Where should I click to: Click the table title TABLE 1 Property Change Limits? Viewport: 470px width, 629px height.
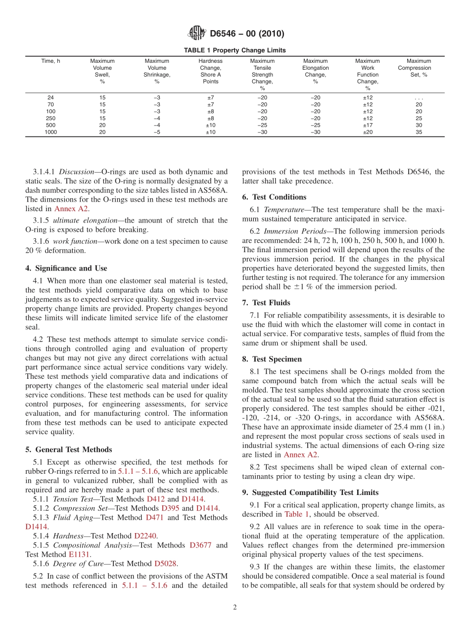point(235,50)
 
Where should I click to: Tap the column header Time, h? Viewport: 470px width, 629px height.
point(50,61)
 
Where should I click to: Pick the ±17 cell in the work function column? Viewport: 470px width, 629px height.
point(368,125)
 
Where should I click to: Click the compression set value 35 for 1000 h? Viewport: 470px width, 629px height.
point(419,132)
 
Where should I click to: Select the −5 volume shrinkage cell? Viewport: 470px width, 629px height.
point(156,132)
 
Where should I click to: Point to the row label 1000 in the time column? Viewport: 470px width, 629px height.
point(50,132)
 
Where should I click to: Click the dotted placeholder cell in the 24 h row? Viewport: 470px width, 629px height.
point(419,98)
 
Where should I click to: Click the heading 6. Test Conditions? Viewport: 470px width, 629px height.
point(274,197)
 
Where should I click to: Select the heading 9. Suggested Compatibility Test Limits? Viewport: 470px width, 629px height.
point(310,493)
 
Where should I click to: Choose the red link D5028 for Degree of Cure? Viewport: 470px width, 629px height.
point(166,563)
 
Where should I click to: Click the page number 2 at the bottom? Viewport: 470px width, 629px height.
point(235,608)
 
